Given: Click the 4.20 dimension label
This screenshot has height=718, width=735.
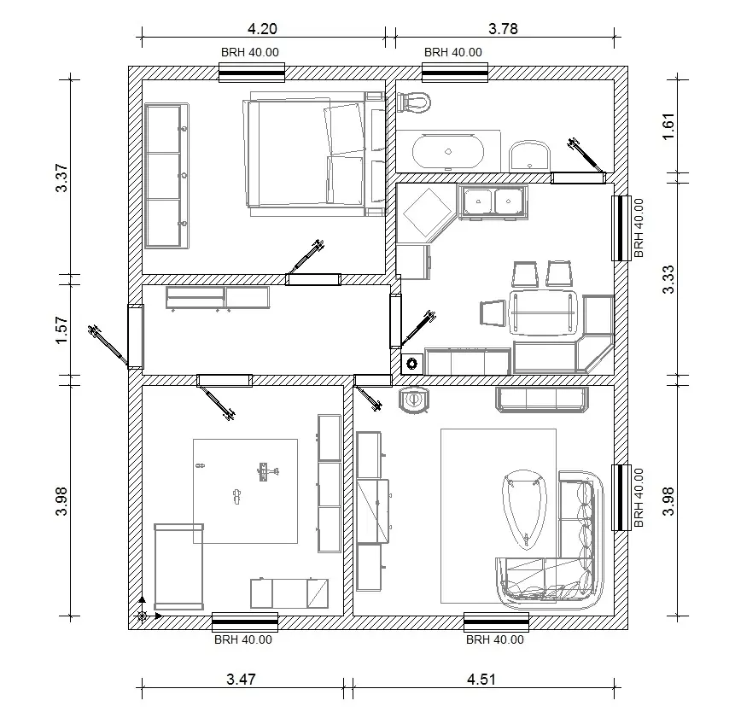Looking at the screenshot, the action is click(262, 28).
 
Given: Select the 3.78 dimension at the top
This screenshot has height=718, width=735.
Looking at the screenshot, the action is click(503, 28).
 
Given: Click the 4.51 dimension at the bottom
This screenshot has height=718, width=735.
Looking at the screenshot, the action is click(481, 680).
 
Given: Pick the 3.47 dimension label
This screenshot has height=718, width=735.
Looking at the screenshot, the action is click(242, 680).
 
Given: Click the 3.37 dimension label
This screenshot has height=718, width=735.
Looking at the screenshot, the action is click(61, 178).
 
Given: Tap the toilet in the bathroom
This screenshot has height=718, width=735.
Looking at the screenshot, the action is click(413, 102).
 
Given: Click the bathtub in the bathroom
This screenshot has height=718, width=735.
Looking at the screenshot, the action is click(448, 153).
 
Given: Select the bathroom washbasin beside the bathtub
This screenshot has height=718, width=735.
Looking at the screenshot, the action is click(530, 155).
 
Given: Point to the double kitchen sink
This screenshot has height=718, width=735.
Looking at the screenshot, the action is click(493, 202).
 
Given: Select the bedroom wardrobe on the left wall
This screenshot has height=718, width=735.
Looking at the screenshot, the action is click(166, 176).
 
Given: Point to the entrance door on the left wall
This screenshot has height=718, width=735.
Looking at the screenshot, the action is click(135, 336).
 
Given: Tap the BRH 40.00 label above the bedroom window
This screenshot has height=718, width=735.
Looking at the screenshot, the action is click(249, 52).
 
